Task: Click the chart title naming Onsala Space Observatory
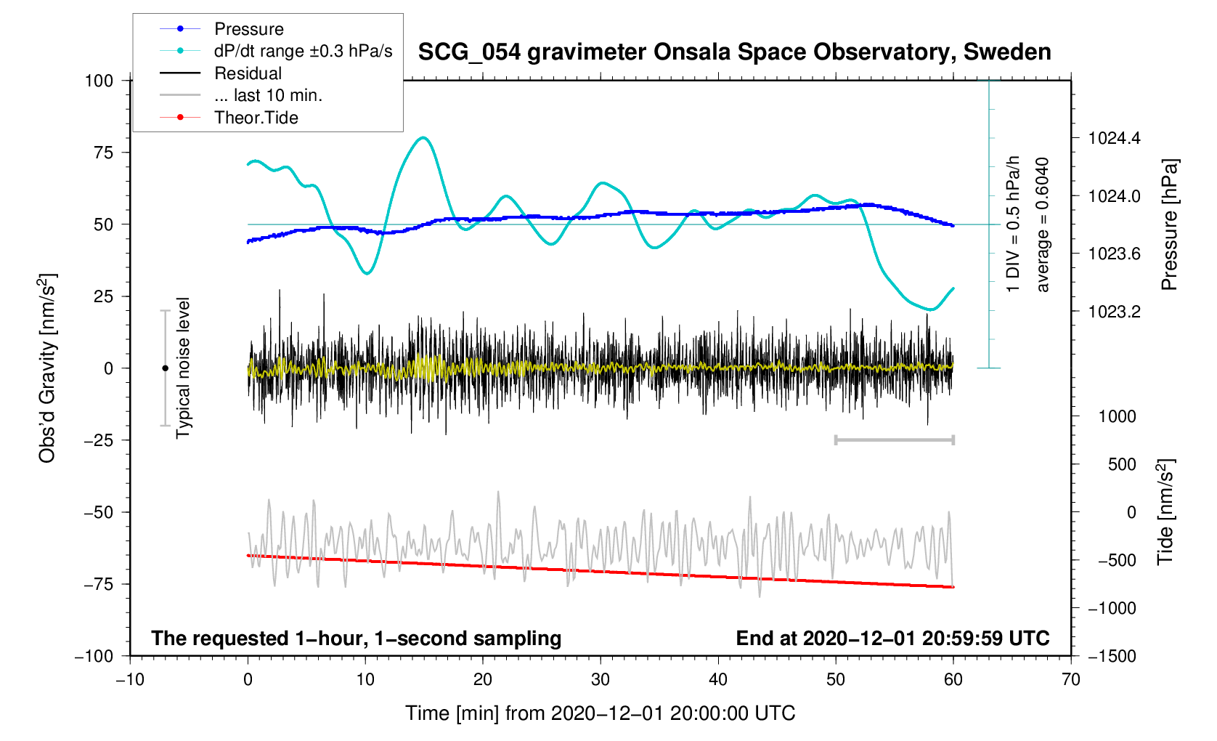point(734,52)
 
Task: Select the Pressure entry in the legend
point(248,29)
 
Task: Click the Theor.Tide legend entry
point(256,118)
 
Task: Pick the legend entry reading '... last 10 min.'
point(268,95)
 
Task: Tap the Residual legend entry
point(248,73)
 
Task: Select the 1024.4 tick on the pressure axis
point(1114,138)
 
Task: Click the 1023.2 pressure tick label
point(1114,312)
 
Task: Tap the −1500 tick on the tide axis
point(1112,656)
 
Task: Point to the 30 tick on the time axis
point(601,680)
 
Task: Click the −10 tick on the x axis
point(130,680)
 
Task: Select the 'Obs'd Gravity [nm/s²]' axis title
point(47,368)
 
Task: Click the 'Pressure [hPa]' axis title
point(1168,224)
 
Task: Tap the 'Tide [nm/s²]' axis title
point(1165,511)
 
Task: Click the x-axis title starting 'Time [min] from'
point(600,713)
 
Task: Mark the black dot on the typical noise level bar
point(165,368)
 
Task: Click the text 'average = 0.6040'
point(1043,224)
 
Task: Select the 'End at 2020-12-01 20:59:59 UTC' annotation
point(892,639)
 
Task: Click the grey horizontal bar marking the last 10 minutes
point(894,440)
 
